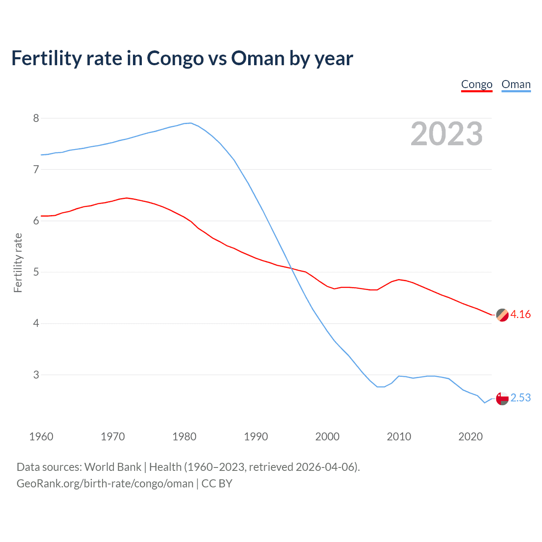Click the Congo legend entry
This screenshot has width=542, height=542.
point(476,84)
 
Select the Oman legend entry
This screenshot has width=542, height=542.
point(516,84)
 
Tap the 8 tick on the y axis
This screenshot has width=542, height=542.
point(36,118)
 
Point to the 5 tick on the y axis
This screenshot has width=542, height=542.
point(36,272)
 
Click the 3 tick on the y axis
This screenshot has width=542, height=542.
point(36,375)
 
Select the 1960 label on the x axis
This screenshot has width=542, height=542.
point(41,437)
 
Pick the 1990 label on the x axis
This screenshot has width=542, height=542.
point(256,437)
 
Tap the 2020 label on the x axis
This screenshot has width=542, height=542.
point(470,437)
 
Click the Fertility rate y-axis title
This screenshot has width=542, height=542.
point(18,263)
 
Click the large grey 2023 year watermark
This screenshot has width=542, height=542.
point(446,134)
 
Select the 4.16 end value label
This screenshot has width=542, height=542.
point(520,314)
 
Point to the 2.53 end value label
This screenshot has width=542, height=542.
point(520,398)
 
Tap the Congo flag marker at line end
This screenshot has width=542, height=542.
point(502,315)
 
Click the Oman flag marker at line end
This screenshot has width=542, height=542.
point(502,398)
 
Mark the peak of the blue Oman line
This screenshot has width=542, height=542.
point(191,123)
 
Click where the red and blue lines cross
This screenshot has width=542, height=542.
point(291,268)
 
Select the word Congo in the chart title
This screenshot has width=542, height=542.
point(175,58)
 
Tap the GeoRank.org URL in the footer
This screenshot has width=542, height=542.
point(105,484)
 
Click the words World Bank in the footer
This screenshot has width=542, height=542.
point(113,467)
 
